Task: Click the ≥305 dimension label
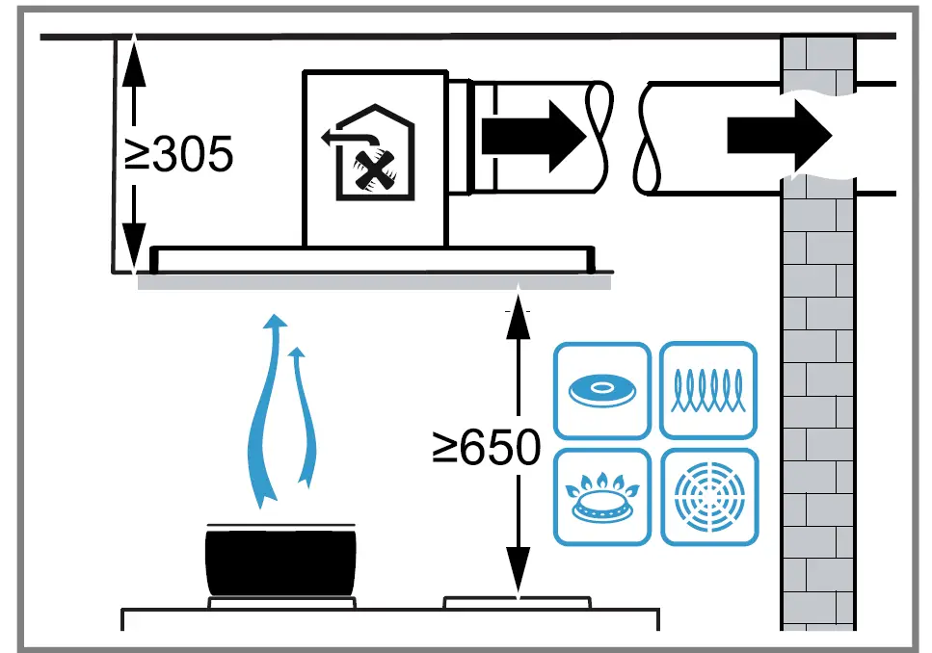click(180, 154)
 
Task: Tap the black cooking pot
click(280, 562)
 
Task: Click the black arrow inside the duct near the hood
click(533, 135)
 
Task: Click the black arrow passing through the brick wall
click(779, 135)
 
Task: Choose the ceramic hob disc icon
click(602, 390)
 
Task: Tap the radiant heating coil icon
click(708, 390)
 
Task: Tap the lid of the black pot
click(280, 526)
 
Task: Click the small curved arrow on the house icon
click(338, 137)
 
